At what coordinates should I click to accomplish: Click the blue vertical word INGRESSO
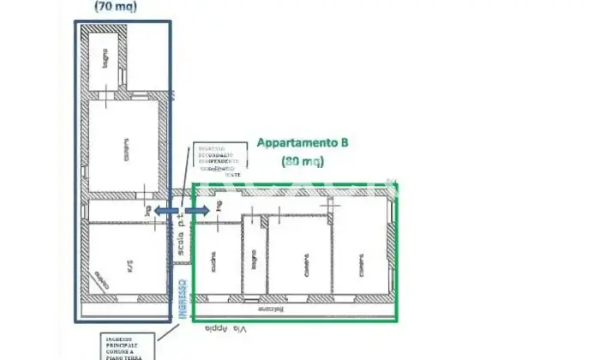click(x=183, y=298)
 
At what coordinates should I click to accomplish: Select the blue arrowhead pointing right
click(x=204, y=209)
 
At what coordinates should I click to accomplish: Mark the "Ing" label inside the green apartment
click(x=219, y=207)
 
